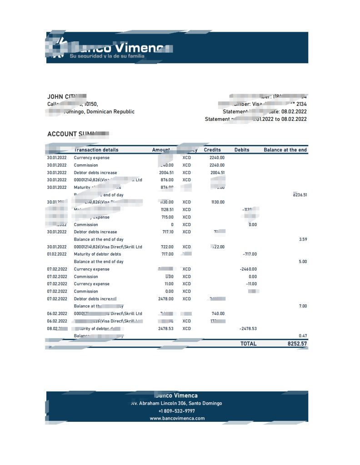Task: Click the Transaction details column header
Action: [96, 150]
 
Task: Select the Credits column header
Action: [212, 150]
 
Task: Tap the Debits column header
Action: [242, 150]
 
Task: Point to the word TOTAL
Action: [248, 344]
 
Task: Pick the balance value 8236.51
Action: [299, 195]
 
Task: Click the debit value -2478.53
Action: [248, 328]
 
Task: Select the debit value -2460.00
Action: [248, 269]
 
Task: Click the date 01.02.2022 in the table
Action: [57, 254]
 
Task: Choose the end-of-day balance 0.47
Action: [303, 336]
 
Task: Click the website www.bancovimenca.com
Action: [177, 418]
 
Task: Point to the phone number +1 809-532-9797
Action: [177, 411]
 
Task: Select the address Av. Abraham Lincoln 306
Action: [177, 403]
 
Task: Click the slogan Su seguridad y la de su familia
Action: [107, 56]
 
